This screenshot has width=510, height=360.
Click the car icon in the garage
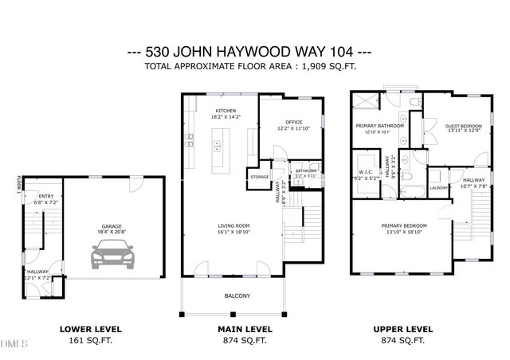coord(112,256)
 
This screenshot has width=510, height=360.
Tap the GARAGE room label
coord(112,226)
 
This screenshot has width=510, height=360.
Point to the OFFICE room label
coord(294,122)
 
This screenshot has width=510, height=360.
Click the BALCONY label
coord(237,296)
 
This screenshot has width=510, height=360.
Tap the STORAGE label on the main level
coord(259,177)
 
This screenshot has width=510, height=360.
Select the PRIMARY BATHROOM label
coord(379,126)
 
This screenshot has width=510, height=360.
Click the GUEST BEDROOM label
coord(463,126)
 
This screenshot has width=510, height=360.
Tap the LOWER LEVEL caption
coord(91,328)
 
